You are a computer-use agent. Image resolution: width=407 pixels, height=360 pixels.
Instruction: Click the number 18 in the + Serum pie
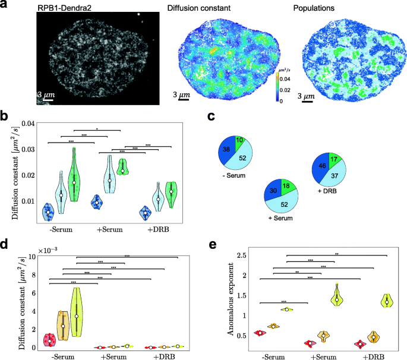(286, 186)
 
